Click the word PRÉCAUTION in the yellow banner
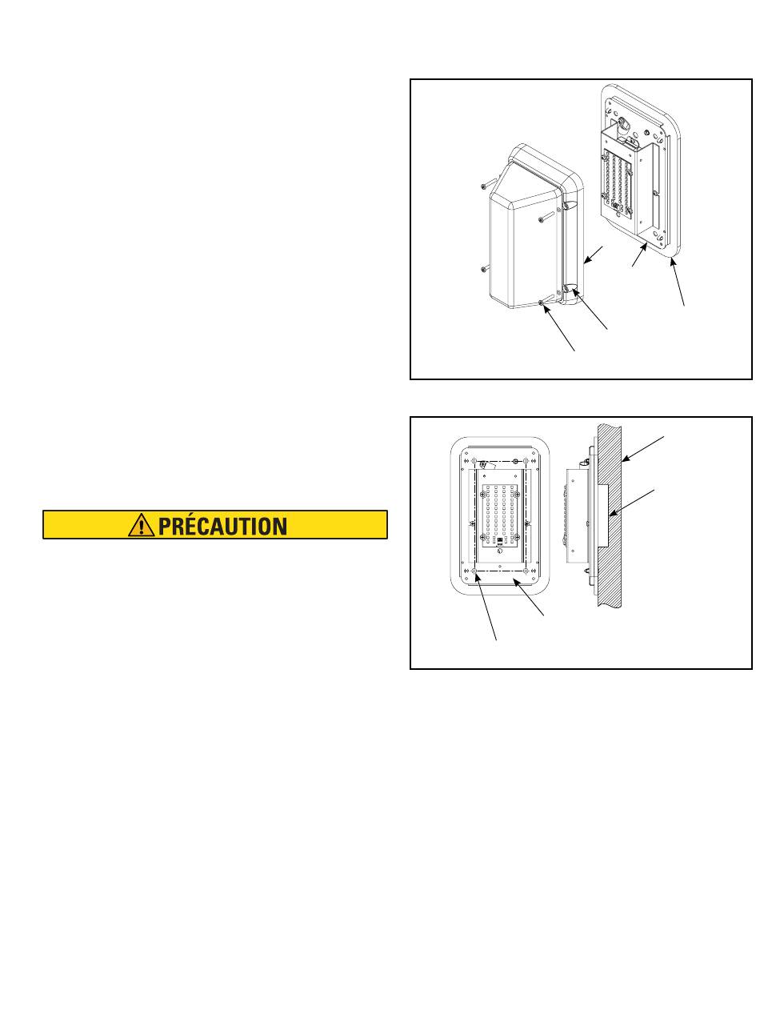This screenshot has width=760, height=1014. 222,526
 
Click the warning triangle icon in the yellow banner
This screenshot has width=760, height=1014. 142,525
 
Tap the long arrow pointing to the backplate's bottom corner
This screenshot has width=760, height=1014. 678,282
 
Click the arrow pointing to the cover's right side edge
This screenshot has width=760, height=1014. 593,255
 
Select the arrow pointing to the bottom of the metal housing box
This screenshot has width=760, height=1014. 639,255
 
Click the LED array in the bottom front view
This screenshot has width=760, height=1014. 499,515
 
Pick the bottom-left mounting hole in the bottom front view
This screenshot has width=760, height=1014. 474,571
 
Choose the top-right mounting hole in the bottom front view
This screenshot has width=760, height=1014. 526,461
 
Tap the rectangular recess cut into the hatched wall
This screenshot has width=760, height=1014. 603,515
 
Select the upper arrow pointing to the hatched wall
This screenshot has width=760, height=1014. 642,449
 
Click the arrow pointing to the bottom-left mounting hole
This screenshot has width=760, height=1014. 486,606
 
